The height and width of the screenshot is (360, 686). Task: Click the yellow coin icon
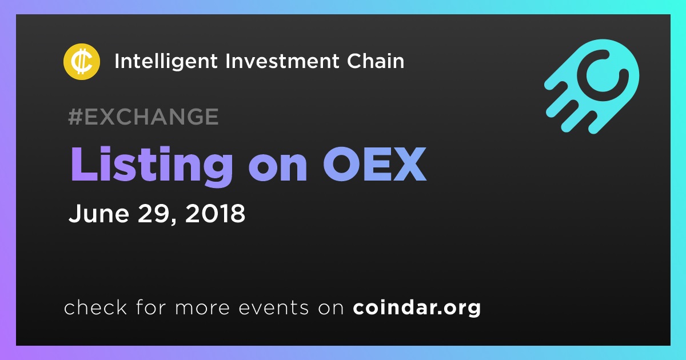click(82, 62)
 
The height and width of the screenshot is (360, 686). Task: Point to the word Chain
click(376, 61)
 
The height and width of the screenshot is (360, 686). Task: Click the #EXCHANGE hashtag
click(143, 117)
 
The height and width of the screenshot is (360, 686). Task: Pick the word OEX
click(375, 165)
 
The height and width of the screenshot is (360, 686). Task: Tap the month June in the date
click(98, 213)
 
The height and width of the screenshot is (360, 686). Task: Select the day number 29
click(153, 213)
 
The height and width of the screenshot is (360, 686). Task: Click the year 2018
click(216, 213)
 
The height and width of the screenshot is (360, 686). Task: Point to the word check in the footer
click(95, 307)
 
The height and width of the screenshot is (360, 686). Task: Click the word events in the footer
click(273, 307)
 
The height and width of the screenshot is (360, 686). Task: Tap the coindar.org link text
click(417, 308)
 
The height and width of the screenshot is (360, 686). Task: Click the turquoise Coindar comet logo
click(592, 86)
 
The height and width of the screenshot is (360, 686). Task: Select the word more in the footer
click(202, 308)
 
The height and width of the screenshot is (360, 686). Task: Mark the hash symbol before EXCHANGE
click(75, 117)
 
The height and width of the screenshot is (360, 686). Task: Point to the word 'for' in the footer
click(151, 307)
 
